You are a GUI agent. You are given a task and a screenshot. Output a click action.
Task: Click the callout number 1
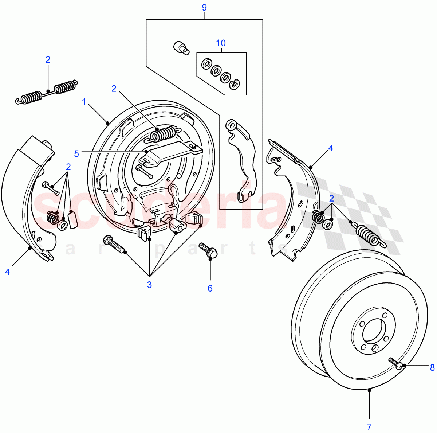pyautogui.click(x=84, y=102)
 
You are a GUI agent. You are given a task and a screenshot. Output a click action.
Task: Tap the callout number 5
pyautogui.click(x=76, y=153)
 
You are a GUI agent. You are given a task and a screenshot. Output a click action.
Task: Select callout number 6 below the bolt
pyautogui.click(x=210, y=288)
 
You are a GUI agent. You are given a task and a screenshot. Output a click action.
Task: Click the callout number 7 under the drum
pyautogui.click(x=369, y=426)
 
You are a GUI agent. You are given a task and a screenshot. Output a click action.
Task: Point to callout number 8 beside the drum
pyautogui.click(x=432, y=367)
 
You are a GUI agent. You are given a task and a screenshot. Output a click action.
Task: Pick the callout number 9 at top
pyautogui.click(x=204, y=7)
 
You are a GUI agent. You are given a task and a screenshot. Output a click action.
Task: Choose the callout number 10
pyautogui.click(x=221, y=43)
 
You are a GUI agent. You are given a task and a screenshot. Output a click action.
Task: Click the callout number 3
pyautogui.click(x=149, y=285)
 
